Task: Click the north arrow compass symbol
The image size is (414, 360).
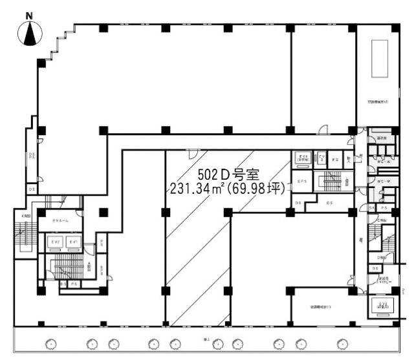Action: click(29, 33)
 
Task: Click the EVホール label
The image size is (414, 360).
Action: click(61, 222)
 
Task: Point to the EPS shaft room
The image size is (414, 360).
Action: click(302, 182)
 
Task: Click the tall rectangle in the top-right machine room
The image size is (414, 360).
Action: click(379, 58)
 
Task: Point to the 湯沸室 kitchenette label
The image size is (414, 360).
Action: click(381, 138)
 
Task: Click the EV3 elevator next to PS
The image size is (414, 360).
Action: click(321, 158)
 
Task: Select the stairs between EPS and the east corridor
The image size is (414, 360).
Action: click(331, 182)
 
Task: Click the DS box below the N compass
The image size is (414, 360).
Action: click(31, 189)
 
